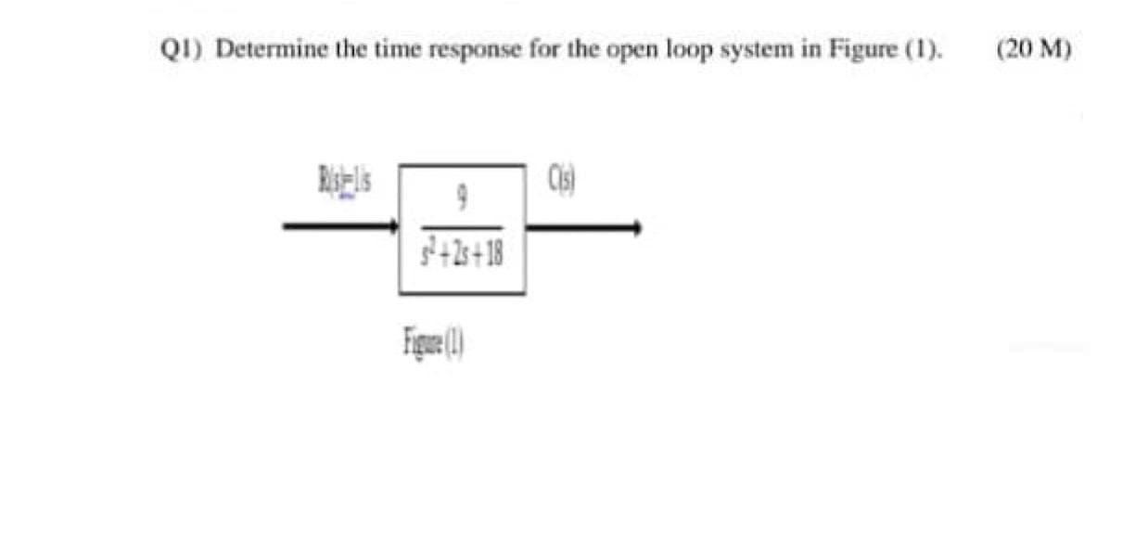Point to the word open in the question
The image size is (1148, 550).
tap(630, 49)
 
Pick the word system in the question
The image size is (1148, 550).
tap(742, 49)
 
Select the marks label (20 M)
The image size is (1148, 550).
tap(1033, 48)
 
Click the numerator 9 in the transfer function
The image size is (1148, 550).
tap(462, 196)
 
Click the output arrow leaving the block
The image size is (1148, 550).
tap(580, 226)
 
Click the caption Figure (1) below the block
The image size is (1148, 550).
tap(440, 339)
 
